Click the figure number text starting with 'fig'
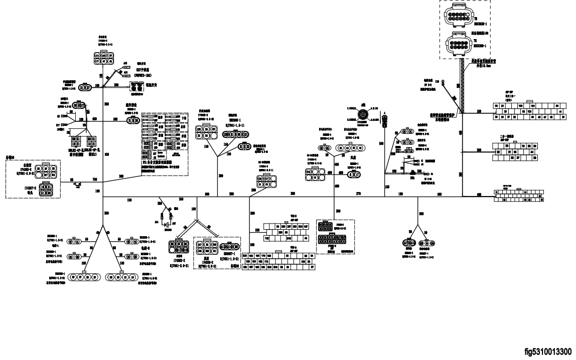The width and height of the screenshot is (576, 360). [x=549, y=352]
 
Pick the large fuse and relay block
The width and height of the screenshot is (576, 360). [x=165, y=143]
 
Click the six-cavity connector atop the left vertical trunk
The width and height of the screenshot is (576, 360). [x=103, y=58]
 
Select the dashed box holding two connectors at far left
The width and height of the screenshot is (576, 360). [x=33, y=179]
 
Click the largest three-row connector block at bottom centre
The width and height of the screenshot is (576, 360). [x=278, y=261]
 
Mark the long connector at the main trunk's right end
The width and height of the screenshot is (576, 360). [x=519, y=196]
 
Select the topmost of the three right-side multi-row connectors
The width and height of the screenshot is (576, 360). [x=525, y=111]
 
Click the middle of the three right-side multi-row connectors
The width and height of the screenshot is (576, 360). [x=515, y=151]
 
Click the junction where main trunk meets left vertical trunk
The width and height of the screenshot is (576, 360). [x=103, y=197]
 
